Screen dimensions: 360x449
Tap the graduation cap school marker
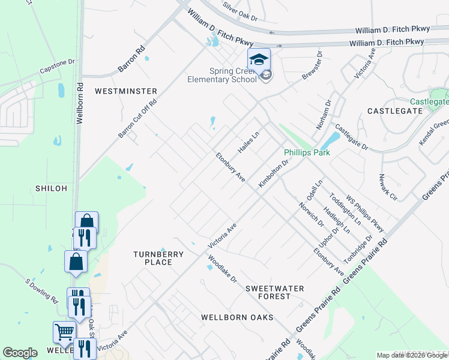pos(259,60)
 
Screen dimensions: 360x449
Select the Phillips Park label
pos(307,152)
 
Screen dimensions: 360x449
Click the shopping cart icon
pos(64,332)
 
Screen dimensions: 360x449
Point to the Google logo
pos(20,353)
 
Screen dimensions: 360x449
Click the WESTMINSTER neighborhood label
pos(126,91)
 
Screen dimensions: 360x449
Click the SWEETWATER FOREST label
pos(275,292)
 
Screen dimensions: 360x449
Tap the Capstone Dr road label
pos(56,67)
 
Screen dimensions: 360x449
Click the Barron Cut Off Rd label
pos(137,118)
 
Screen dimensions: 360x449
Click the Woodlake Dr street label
pos(223,271)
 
